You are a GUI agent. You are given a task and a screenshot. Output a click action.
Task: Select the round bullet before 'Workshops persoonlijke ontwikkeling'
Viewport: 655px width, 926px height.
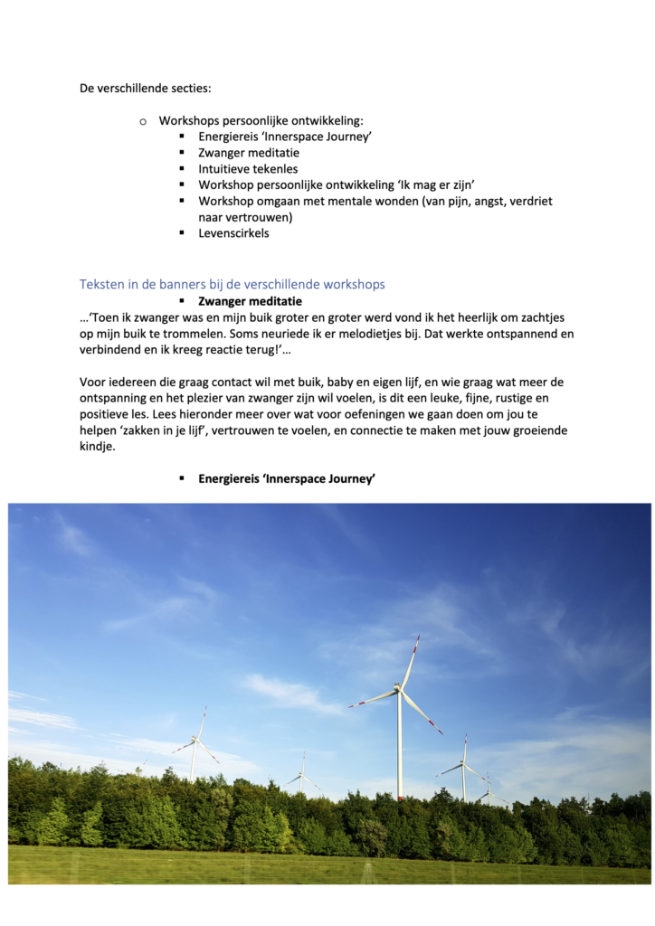(143, 121)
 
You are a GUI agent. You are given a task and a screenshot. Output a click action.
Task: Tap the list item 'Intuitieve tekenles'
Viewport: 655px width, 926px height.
(248, 169)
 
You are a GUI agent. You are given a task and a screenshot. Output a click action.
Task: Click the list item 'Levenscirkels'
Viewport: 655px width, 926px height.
(233, 233)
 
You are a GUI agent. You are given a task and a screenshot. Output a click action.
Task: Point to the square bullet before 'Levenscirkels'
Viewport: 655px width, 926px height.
(182, 232)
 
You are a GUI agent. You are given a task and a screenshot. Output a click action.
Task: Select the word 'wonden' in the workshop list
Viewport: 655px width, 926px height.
(386, 202)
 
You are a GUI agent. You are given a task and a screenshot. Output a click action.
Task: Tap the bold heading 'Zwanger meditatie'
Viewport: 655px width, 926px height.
(250, 301)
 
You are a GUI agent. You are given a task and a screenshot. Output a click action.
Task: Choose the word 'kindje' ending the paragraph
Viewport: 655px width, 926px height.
(98, 448)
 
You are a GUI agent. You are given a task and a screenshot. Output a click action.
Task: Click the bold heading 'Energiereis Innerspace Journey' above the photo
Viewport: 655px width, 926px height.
(286, 479)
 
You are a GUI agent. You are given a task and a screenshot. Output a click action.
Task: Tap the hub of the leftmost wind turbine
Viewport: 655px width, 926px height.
(195, 741)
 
